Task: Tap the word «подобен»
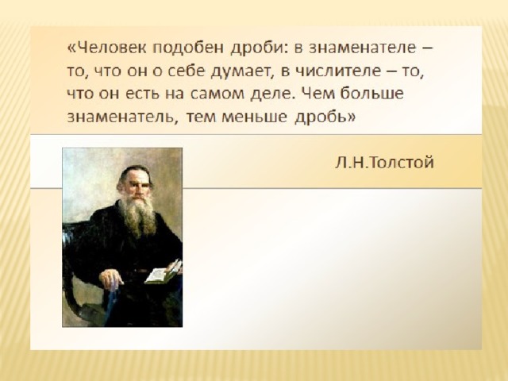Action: coord(188,48)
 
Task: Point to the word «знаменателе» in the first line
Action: coord(362,48)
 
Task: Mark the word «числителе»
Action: coord(339,71)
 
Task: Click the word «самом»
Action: coord(217,94)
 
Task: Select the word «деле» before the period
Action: coord(271,94)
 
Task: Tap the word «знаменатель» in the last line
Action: coord(121,117)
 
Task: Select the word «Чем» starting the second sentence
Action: coord(318,94)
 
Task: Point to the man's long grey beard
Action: coord(137,215)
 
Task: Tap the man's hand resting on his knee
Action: coord(111,278)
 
